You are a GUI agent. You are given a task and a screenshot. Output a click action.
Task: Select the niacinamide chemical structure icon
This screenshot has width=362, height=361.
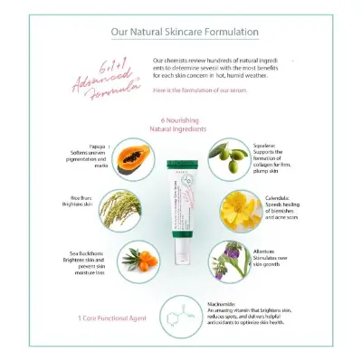point(189,318)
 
